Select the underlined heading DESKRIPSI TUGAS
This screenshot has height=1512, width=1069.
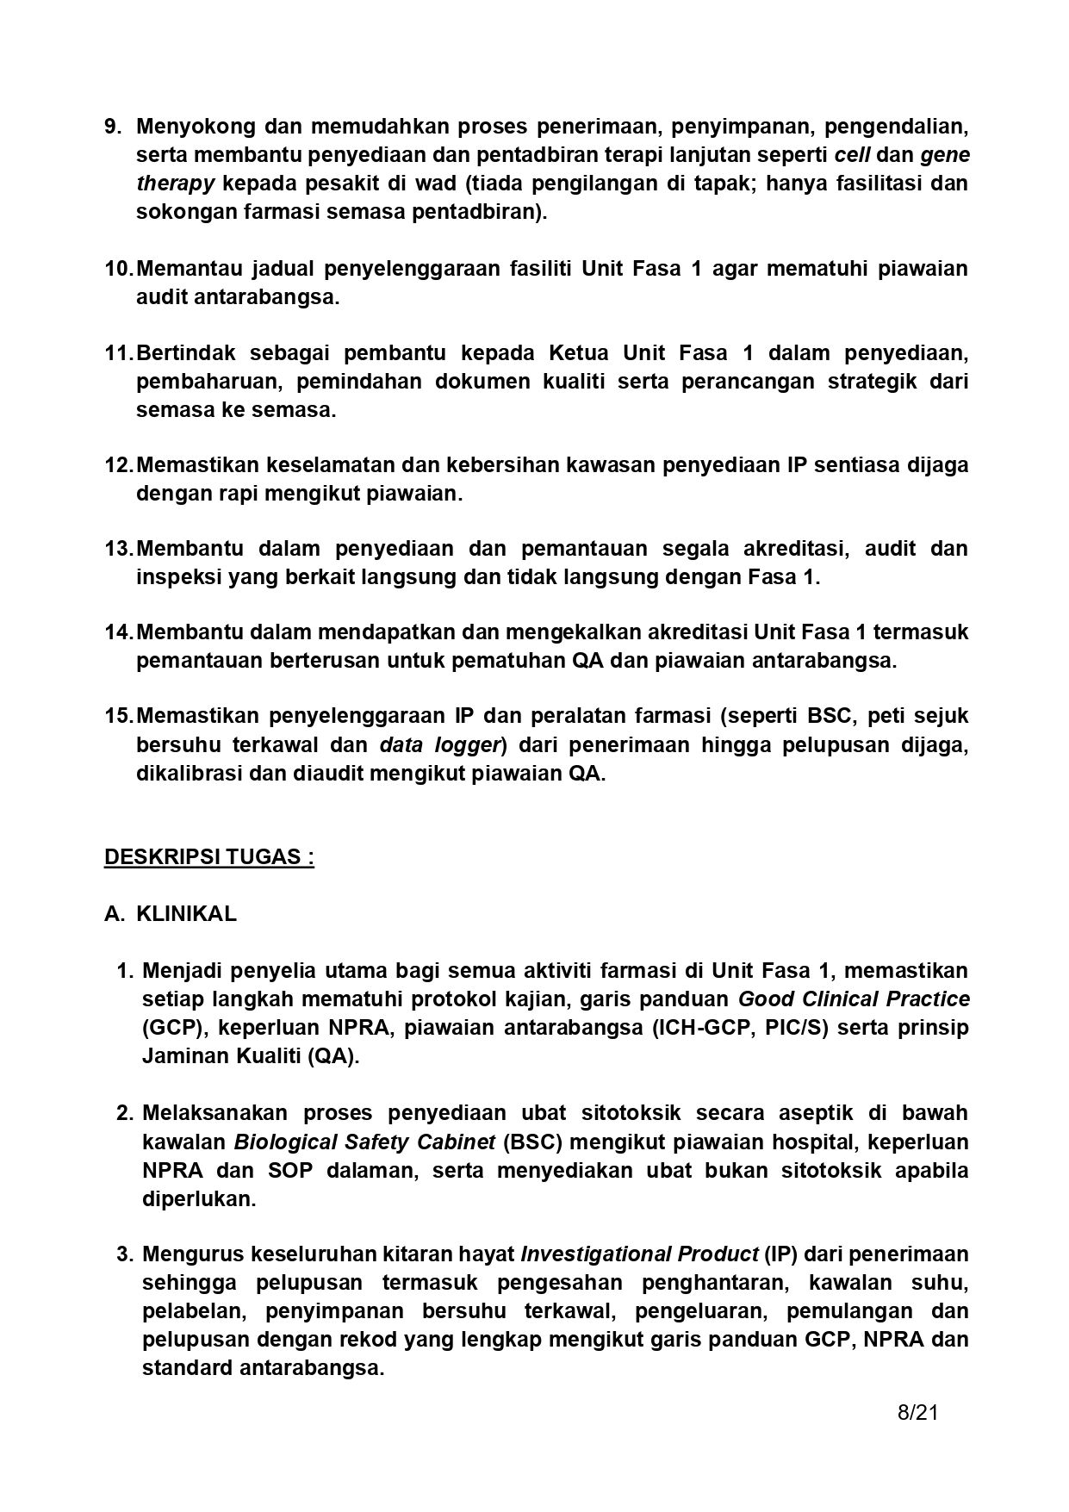coord(209,857)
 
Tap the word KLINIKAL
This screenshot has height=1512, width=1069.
coord(186,914)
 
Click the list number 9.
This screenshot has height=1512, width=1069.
coord(113,127)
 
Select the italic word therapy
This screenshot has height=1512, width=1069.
coord(175,184)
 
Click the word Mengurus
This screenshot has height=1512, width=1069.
coord(192,1254)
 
